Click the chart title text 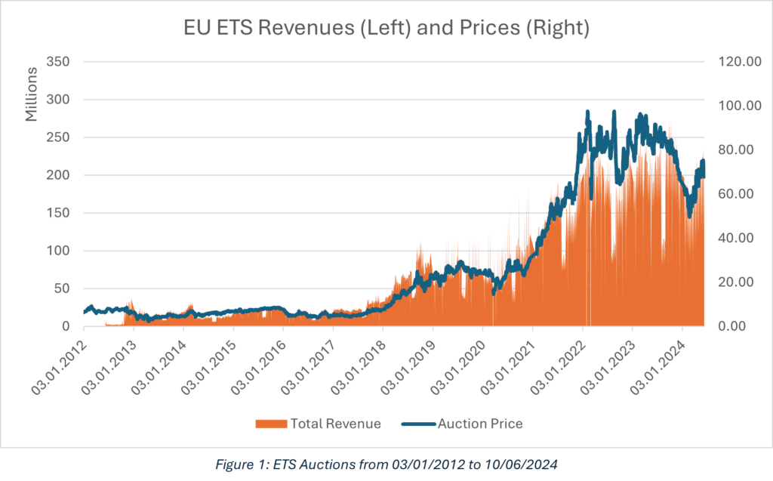click(x=386, y=30)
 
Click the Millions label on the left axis click(x=31, y=94)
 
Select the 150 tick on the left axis click(x=60, y=213)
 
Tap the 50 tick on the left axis click(x=63, y=288)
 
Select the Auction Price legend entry click(x=480, y=424)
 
